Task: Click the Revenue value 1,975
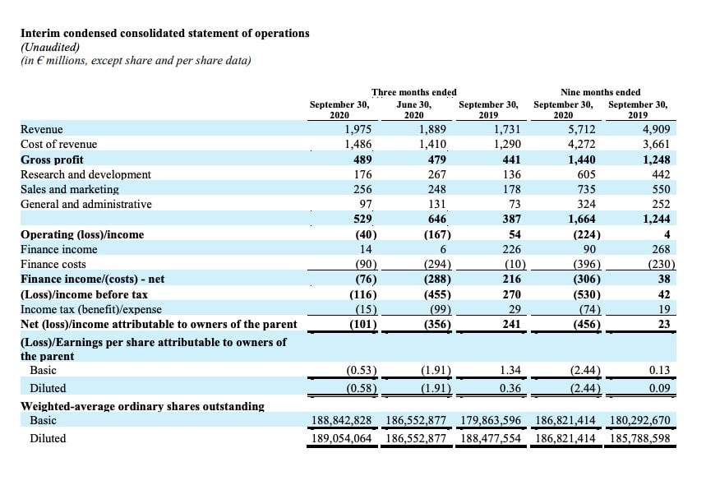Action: [358, 129]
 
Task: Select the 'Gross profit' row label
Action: [52, 159]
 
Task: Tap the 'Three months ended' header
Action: [413, 92]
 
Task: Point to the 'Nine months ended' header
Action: [600, 92]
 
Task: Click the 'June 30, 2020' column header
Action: [413, 109]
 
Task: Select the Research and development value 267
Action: [436, 174]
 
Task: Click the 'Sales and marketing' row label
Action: [70, 189]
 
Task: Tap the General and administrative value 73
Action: [515, 204]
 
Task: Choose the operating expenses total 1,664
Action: [582, 219]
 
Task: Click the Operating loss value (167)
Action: [437, 234]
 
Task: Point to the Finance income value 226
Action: [511, 249]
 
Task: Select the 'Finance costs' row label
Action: [53, 264]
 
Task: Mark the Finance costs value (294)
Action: [437, 264]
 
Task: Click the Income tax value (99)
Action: [441, 309]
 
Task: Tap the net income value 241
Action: [511, 324]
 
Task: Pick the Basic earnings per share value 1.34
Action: [510, 370]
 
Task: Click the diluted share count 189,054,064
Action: [342, 438]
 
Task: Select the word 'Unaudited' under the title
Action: [50, 47]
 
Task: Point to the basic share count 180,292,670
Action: [639, 420]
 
